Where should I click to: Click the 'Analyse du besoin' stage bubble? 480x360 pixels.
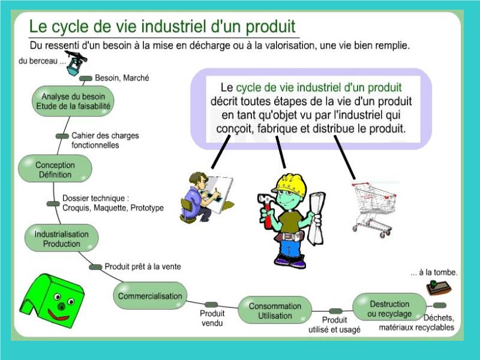(x=73, y=101)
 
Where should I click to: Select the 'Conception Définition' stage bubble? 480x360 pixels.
(x=55, y=169)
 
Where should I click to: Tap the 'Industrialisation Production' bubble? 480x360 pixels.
(x=62, y=238)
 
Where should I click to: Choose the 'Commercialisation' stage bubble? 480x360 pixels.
(x=150, y=296)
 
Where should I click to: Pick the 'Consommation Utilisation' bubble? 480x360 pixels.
(x=275, y=310)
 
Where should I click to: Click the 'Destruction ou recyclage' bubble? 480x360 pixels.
(x=389, y=308)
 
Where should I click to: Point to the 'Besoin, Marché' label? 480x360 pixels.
(x=122, y=78)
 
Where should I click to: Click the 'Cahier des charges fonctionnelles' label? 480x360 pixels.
(x=105, y=140)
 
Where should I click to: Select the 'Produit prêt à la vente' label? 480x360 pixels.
(x=143, y=266)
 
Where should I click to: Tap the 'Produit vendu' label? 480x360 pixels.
(x=212, y=318)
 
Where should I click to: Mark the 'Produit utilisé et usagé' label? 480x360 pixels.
(x=334, y=325)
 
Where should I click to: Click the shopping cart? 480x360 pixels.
(x=373, y=209)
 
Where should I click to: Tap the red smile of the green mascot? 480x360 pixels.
(x=59, y=315)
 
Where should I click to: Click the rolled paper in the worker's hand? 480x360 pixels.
(x=317, y=218)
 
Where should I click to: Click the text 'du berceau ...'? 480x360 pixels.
(x=42, y=61)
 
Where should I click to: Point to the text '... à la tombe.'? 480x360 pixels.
(x=434, y=272)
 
